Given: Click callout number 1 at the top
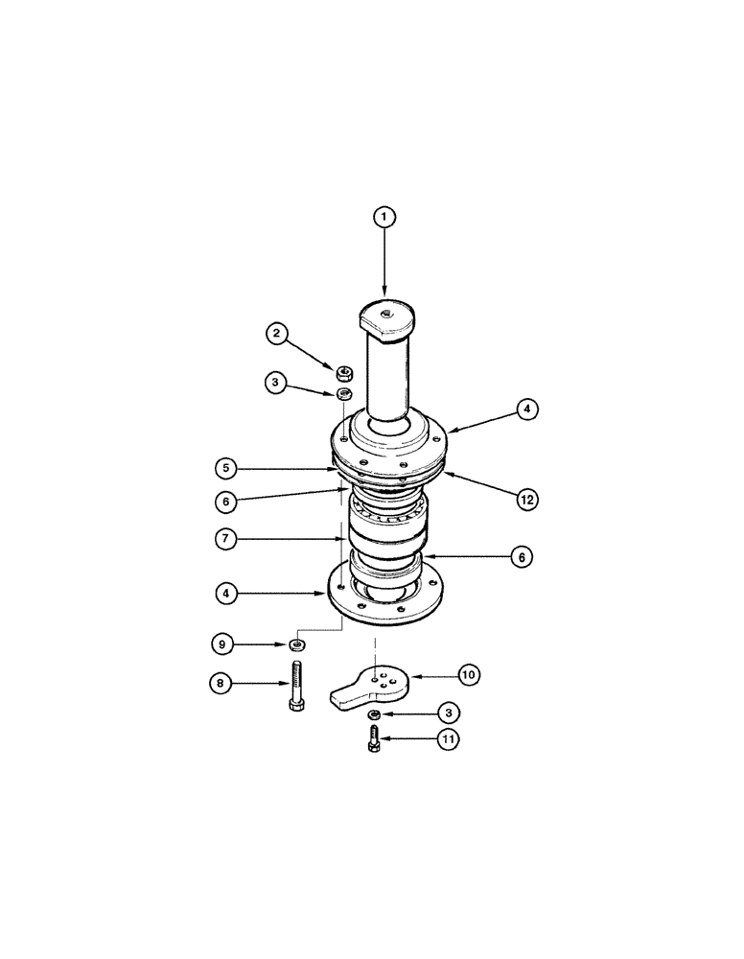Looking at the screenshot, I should pos(384,219).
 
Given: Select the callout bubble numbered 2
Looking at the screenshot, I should pos(276,334).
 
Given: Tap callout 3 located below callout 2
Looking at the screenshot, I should pos(276,384).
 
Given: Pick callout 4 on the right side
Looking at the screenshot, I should pos(525,409).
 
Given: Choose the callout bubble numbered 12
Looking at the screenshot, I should pos(525,499).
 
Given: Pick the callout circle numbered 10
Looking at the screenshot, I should pos(468,676).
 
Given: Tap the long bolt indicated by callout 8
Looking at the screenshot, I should pos(295,687).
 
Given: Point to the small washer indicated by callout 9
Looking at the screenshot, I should pos(299,643).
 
